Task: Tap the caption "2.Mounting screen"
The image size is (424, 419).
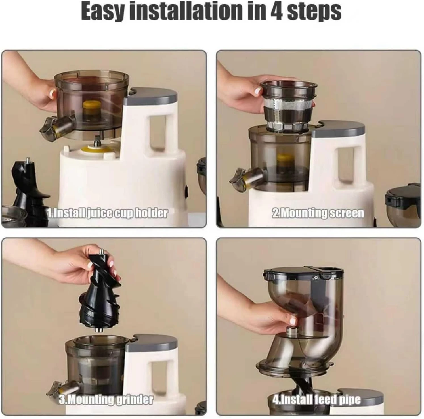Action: tap(318, 213)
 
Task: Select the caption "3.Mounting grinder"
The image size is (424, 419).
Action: tap(106, 400)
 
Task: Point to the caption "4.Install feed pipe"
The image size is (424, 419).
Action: tap(316, 400)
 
